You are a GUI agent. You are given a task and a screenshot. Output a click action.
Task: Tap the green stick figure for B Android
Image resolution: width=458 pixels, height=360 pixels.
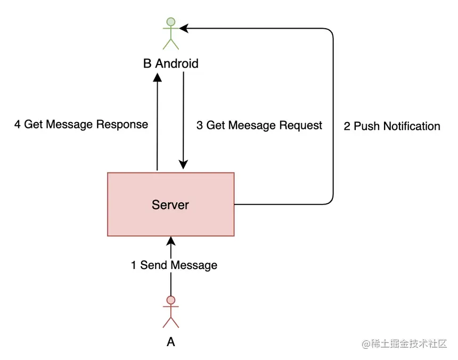[x=170, y=34]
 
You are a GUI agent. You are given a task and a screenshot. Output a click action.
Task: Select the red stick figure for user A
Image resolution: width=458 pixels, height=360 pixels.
[x=170, y=312]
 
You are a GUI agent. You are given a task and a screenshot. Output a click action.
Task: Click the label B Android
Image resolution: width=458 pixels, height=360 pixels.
[x=170, y=64]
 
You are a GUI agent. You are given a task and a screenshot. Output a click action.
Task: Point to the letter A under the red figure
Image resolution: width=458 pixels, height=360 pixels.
[x=171, y=342]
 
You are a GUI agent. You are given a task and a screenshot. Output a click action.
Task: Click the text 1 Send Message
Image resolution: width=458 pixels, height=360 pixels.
[x=174, y=265]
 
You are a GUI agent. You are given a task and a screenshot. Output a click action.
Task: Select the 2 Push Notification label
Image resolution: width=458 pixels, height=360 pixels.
[x=392, y=126]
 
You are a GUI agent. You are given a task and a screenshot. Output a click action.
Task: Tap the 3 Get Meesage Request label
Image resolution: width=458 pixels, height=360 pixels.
[x=259, y=125]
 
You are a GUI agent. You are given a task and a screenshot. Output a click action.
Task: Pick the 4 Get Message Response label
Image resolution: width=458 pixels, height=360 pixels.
[x=81, y=125]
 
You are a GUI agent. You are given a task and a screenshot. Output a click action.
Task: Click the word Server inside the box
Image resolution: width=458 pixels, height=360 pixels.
[x=170, y=204]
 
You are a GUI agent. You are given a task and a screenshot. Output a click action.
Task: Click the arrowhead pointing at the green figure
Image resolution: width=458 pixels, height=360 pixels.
[x=184, y=28]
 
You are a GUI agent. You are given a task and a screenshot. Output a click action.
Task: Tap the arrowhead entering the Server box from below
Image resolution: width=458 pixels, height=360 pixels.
[x=171, y=241]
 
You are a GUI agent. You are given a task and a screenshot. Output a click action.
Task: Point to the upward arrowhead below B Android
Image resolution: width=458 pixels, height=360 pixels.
[x=158, y=78]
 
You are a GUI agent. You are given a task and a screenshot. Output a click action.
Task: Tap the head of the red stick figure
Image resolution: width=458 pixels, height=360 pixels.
[x=170, y=300]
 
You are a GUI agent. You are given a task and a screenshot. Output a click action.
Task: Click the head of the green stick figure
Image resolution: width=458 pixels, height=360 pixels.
[x=170, y=22]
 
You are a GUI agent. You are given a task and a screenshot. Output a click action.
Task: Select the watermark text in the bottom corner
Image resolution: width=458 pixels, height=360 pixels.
[x=404, y=344]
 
